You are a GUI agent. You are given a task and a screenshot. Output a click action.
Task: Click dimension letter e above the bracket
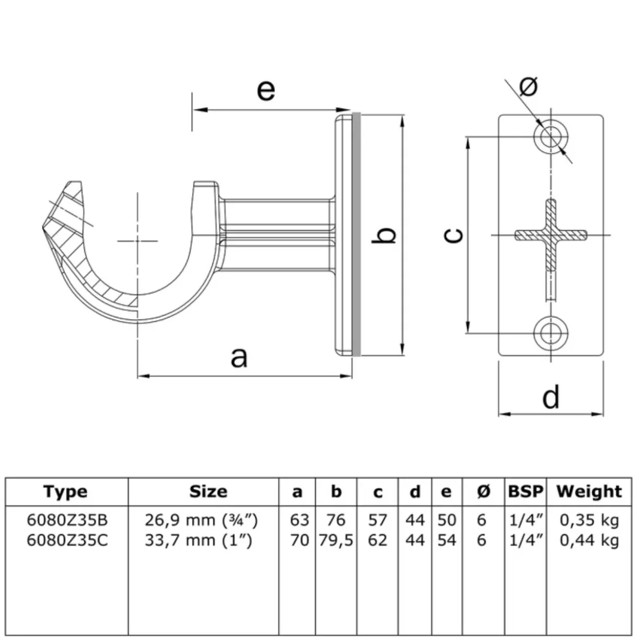266,90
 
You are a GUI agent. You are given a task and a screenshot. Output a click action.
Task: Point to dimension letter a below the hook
239,357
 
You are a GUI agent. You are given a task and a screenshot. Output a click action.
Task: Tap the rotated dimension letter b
384,235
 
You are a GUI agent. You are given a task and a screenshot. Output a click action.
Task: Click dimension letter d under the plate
551,397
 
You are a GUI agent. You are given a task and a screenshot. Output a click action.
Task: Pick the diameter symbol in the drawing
529,86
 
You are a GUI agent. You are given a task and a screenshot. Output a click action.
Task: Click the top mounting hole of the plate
551,137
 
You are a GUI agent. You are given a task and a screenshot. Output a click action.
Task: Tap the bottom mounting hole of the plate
551,334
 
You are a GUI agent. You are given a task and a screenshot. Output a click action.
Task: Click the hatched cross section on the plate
551,235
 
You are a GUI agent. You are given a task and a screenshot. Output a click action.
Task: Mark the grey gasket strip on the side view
356,235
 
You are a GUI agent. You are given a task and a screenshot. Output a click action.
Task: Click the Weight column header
589,492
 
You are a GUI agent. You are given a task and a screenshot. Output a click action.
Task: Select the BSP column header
525,492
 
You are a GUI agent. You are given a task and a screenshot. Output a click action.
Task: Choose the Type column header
65,492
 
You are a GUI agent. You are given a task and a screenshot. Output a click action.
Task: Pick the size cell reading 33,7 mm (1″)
199,541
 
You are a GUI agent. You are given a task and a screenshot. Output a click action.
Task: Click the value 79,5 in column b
336,541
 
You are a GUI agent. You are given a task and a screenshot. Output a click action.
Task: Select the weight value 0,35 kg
590,520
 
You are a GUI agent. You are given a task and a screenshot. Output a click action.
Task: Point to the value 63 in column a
299,520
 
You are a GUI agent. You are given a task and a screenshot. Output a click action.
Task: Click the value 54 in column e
447,540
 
